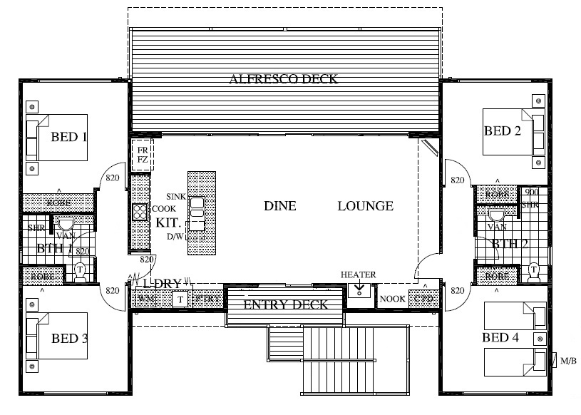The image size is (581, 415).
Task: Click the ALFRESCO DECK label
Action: (x=283, y=79)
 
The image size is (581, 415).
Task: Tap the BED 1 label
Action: (x=68, y=135)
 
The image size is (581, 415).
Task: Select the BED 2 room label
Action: (x=503, y=130)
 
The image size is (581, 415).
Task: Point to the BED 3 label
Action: (x=69, y=338)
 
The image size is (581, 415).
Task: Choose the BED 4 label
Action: (x=502, y=337)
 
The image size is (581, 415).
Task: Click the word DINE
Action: (x=279, y=206)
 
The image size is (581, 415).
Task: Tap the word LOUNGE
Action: (x=365, y=206)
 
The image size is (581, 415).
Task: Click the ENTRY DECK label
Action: (x=285, y=304)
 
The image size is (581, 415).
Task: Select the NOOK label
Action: (x=393, y=299)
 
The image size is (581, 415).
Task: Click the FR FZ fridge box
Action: (x=143, y=155)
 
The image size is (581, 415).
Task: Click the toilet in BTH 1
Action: (x=80, y=270)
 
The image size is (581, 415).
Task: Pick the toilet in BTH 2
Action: (x=534, y=270)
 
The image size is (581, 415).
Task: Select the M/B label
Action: (x=568, y=361)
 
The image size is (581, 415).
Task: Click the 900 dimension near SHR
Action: (x=530, y=193)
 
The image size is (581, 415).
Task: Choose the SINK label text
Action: (x=175, y=195)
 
